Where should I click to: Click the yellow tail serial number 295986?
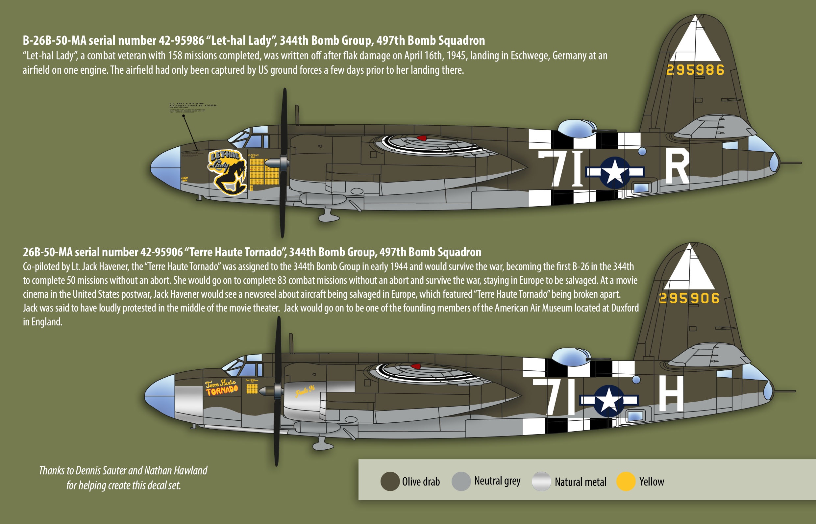click(x=695, y=70)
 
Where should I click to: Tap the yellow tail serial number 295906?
click(x=689, y=298)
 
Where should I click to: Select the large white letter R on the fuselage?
click(x=677, y=168)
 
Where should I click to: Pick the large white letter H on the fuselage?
click(x=671, y=394)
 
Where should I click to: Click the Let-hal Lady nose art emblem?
click(x=227, y=172)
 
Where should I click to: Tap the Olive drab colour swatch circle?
click(x=390, y=482)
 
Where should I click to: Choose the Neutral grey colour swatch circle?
click(x=461, y=482)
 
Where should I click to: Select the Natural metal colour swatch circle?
click(x=541, y=482)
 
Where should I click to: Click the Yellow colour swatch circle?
click(x=626, y=482)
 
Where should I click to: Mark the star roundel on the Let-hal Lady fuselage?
click(x=615, y=172)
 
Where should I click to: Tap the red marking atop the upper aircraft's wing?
click(x=421, y=138)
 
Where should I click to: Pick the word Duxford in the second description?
click(x=625, y=308)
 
